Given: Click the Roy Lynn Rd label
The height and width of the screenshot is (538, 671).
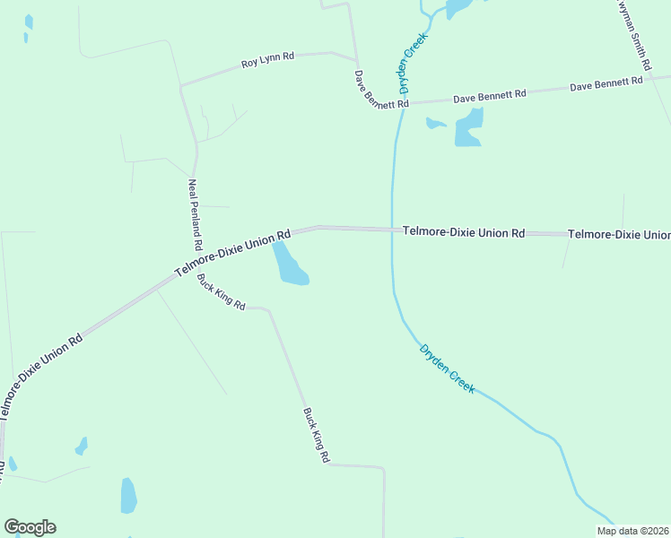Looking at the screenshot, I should [x=267, y=61].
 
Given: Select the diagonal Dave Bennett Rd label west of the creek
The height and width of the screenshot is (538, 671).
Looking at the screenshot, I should [x=381, y=90].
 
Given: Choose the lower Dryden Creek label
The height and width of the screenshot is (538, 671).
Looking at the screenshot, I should [x=447, y=369].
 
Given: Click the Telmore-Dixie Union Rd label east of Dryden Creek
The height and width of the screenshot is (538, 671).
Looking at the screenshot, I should [x=463, y=232].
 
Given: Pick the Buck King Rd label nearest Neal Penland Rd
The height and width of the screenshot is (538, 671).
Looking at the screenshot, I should [x=221, y=291].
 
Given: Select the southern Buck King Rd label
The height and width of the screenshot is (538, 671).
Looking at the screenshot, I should [x=316, y=435].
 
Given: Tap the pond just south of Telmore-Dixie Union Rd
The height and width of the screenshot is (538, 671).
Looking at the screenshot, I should [x=289, y=265].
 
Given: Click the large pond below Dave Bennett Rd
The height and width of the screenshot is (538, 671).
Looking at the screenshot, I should [x=469, y=128].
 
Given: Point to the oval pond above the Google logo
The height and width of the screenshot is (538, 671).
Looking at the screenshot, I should [x=128, y=495].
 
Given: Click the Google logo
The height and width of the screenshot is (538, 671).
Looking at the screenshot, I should [x=30, y=527].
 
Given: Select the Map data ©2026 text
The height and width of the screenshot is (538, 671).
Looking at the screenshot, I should [x=633, y=531].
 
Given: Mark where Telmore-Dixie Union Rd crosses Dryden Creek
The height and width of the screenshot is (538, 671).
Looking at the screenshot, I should [x=392, y=230].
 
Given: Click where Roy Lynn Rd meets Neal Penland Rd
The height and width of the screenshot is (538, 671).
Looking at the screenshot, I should [x=181, y=86].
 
